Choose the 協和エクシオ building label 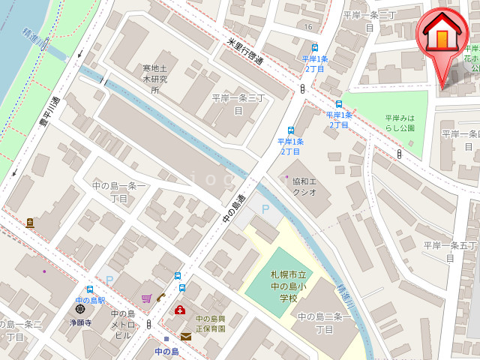pos(304,187)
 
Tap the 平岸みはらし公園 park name pos(400,123)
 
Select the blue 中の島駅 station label pos(90,301)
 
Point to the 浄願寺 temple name pos(80,322)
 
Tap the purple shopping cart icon pos(146,298)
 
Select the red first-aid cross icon pos(180,310)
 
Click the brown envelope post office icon pos(185,337)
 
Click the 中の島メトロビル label pos(123,325)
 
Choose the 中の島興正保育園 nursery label pos(211,323)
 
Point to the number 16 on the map pos(308,27)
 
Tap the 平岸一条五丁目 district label pos(450,251)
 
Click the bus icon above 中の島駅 pos(90,289)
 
